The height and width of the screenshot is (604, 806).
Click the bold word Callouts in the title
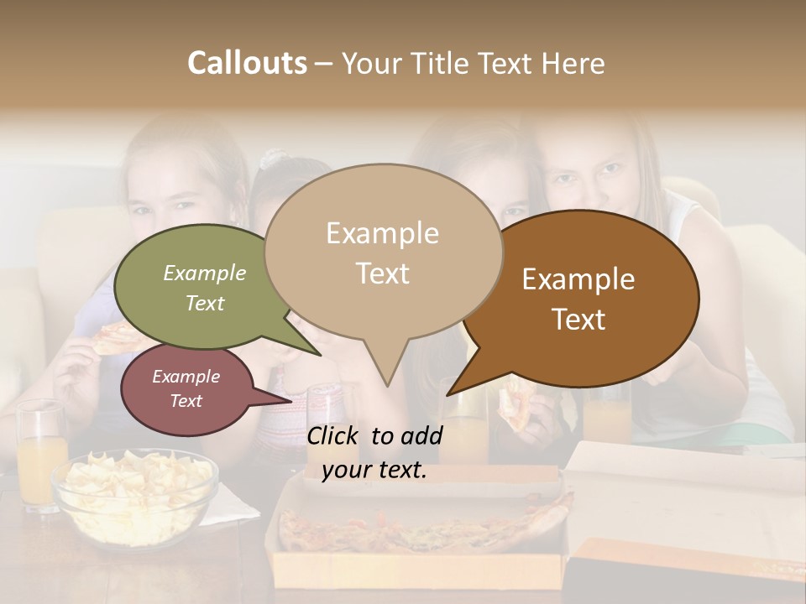tap(247, 63)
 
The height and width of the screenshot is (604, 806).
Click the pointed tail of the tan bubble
tap(387, 382)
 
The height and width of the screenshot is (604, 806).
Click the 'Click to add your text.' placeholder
tap(374, 453)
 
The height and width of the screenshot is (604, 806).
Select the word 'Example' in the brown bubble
tap(578, 279)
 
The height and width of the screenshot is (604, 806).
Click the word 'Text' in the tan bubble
tap(382, 273)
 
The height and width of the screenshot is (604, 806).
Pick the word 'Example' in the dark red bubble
tap(186, 377)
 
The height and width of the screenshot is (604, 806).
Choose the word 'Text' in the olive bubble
tap(205, 303)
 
